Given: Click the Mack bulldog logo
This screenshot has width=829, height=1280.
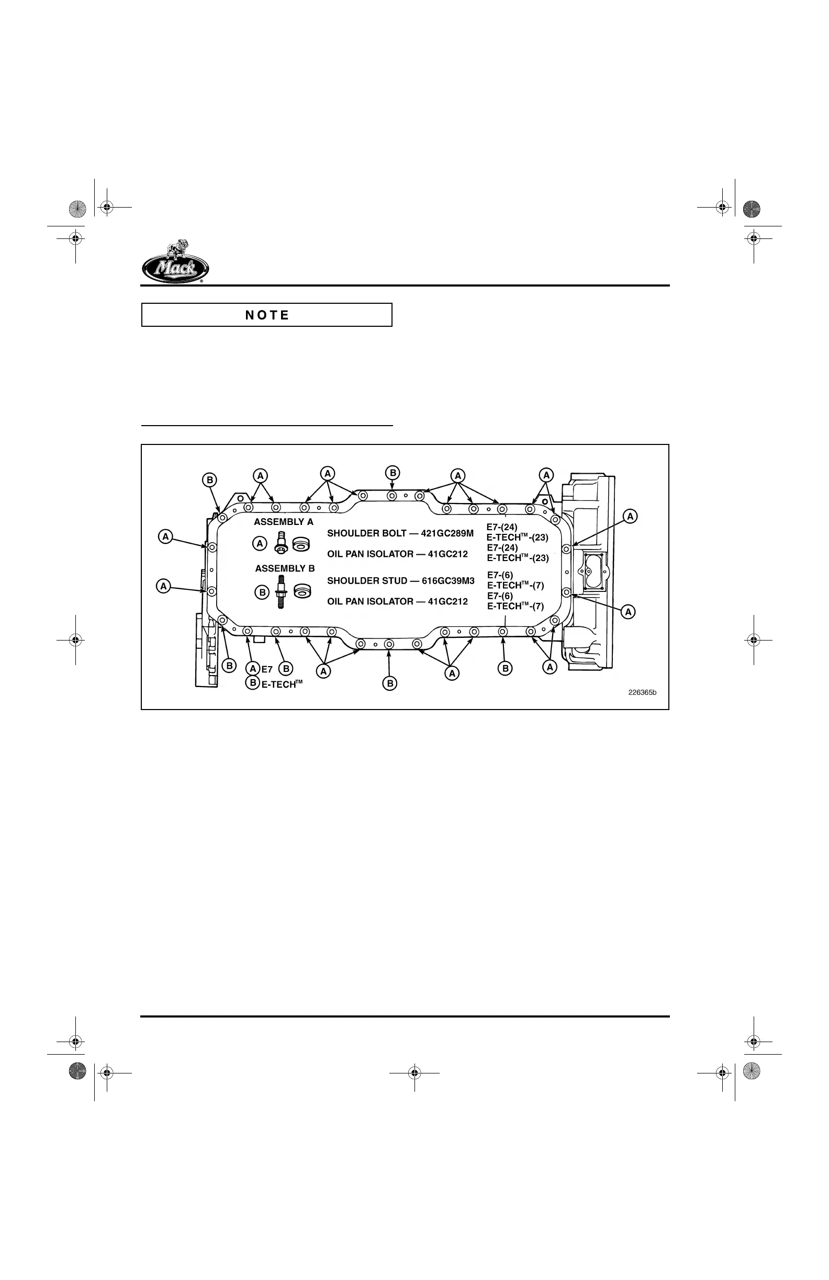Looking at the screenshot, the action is [175, 262].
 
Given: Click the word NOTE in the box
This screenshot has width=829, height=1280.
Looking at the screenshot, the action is [267, 315].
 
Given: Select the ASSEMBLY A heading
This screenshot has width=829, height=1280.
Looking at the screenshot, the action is [283, 522].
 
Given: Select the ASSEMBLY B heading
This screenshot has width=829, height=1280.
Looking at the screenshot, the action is [285, 568].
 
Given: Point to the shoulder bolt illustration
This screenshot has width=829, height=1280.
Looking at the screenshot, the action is [280, 542].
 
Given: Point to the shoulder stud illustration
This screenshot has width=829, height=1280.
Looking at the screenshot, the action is [281, 591].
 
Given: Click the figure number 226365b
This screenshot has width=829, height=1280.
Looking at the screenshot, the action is [642, 692].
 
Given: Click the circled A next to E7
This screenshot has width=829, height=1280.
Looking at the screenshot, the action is [252, 669].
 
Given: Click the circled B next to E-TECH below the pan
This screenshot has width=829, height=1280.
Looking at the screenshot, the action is [252, 682].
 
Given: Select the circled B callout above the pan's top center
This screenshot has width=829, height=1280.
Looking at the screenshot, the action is [393, 473].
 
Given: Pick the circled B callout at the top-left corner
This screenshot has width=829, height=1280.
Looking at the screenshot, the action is [209, 479].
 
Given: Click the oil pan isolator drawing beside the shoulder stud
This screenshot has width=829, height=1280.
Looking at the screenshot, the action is [303, 590].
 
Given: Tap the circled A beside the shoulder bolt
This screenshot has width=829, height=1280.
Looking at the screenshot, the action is [260, 544].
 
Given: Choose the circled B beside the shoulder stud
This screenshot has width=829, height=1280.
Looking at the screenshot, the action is [262, 592].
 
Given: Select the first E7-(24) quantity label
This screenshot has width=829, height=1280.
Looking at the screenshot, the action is [502, 527].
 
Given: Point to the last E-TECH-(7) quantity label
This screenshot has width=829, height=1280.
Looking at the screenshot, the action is [515, 606].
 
